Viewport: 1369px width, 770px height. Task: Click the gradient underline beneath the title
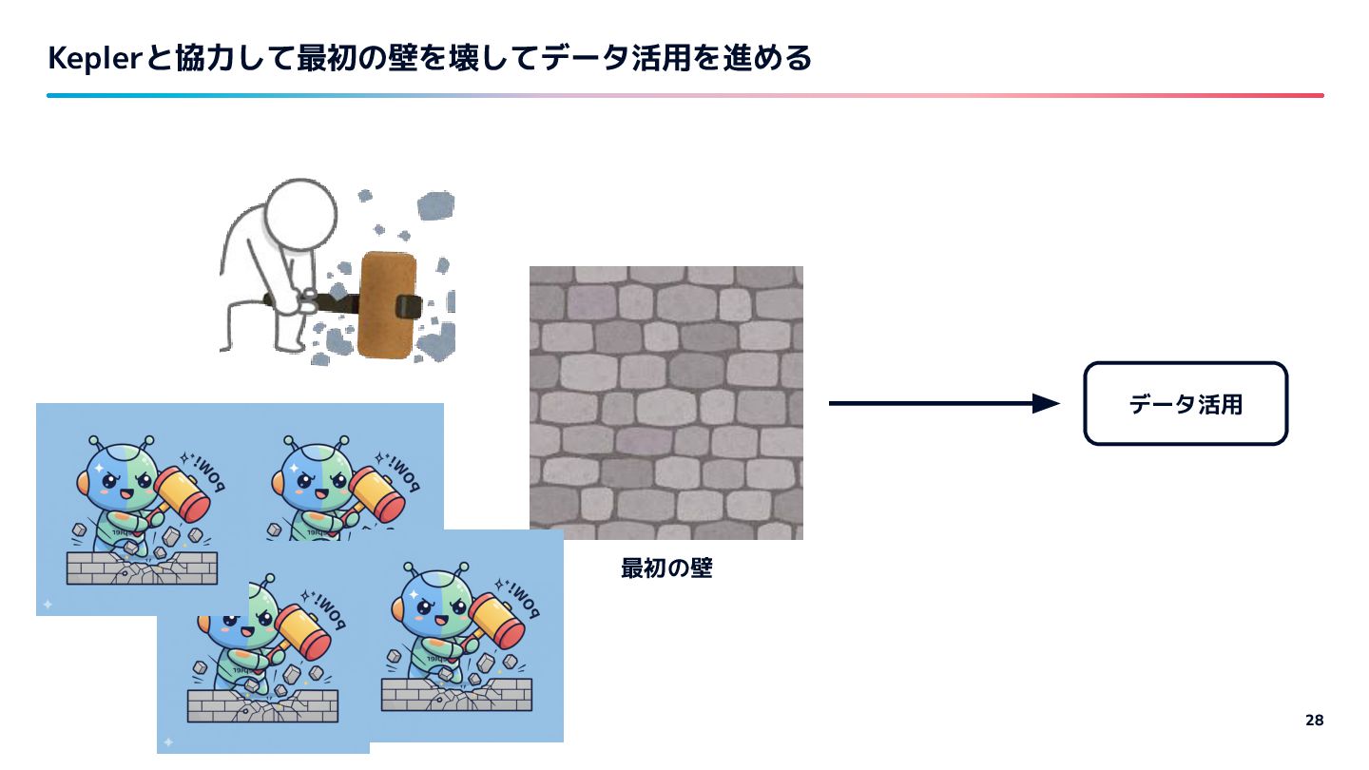(684, 95)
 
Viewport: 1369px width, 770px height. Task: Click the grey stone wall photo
(665, 402)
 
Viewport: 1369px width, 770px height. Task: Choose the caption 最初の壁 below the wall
(665, 569)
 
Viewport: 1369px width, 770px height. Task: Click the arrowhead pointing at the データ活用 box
(1046, 404)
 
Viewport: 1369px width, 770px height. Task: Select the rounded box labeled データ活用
(1186, 404)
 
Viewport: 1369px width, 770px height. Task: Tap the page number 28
(1314, 720)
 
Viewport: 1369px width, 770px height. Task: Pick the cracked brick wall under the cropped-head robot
(262, 706)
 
